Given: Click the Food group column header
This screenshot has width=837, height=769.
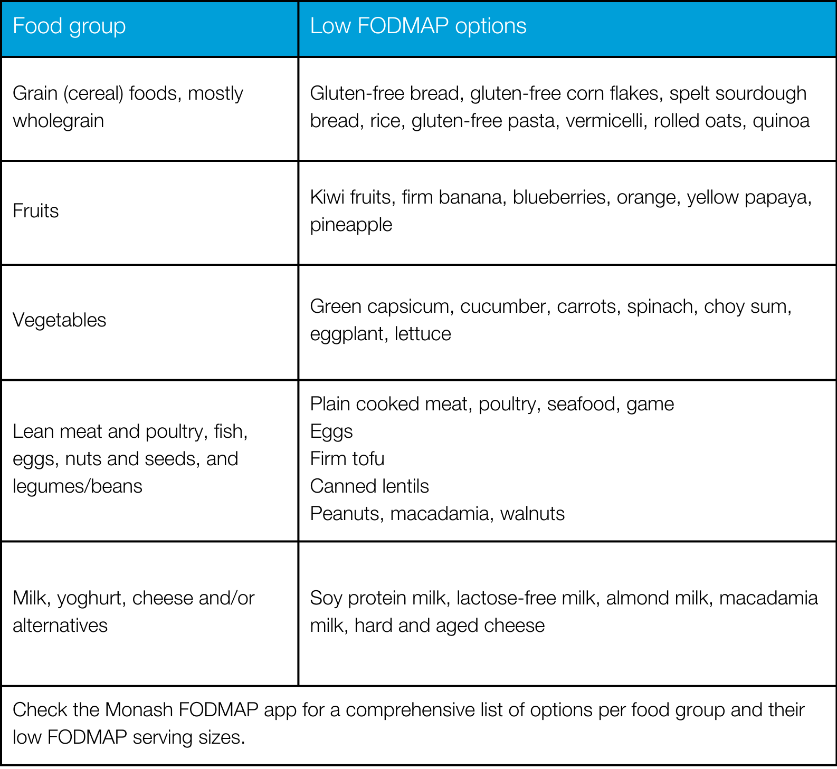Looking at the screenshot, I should click(x=69, y=26).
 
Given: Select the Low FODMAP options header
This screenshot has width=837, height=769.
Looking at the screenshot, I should click(x=418, y=26).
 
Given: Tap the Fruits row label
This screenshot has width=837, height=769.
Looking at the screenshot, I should click(x=36, y=211).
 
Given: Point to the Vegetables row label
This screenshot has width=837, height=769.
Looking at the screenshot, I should click(x=60, y=320).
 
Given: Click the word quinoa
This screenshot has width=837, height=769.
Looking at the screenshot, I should click(x=781, y=121).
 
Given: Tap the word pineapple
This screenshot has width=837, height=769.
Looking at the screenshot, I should click(x=351, y=225).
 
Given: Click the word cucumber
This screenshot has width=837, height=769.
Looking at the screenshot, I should click(x=502, y=306).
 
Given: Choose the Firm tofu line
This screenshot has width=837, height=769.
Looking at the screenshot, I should click(x=347, y=459).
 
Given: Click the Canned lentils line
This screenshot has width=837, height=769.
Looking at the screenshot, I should click(x=369, y=486).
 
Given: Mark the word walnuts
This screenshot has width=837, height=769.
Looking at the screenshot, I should click(x=532, y=514).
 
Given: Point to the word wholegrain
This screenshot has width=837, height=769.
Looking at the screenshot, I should click(x=58, y=121).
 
